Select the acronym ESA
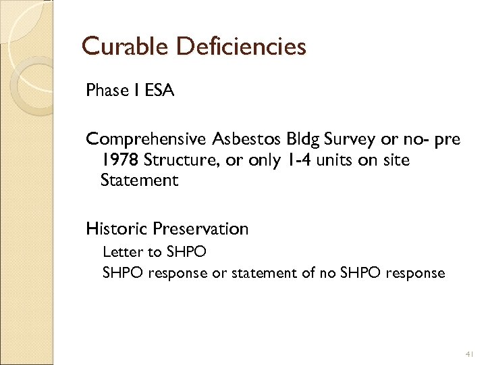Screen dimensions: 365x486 [x=159, y=91]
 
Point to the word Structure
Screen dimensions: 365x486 [x=177, y=160]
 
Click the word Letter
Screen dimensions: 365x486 [x=123, y=252]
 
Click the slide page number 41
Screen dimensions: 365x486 [x=469, y=354]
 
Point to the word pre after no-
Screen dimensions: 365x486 [x=446, y=139]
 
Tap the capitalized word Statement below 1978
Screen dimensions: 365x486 [x=139, y=180]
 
